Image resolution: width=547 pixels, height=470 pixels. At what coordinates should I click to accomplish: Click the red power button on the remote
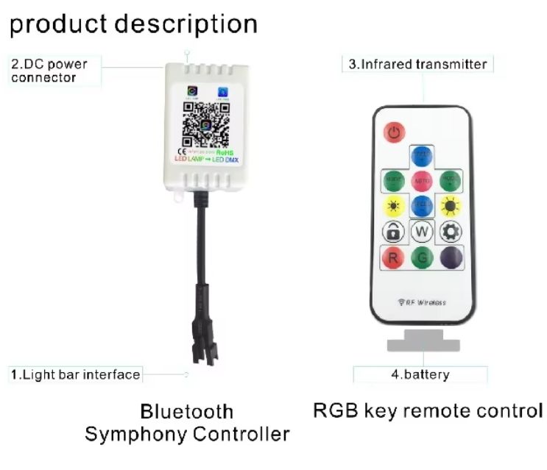coord(395,133)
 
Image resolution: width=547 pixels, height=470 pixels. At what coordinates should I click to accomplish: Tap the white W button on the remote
coord(421,231)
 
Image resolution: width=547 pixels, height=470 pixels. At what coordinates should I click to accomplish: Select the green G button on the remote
coord(421,258)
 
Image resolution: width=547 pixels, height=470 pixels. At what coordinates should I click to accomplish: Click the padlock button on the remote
coord(393,231)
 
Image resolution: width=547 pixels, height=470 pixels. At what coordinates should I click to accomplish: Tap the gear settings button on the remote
coord(450,231)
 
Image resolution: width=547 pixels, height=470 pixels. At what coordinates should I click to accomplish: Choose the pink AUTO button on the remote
coord(421,179)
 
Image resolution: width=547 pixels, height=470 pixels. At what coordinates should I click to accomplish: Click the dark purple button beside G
coord(450,258)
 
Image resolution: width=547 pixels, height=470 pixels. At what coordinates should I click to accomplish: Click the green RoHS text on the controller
coord(236,152)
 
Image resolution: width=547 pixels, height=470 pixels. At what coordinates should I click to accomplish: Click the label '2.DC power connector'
coord(49,70)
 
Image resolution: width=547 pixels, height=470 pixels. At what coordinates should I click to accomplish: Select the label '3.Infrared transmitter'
coord(417,64)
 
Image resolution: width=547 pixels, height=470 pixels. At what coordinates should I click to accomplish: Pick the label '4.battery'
coord(420,375)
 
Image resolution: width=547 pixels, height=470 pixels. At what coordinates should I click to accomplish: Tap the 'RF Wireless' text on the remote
coord(421,302)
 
